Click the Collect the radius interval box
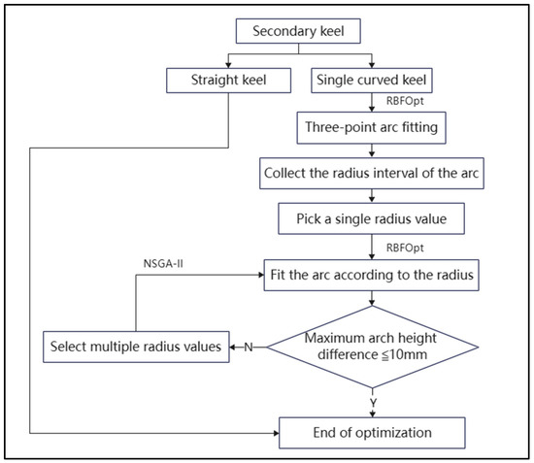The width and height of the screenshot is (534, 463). coord(371,174)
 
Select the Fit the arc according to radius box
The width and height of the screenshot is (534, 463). coord(371,274)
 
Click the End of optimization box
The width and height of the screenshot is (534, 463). coord(371,430)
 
